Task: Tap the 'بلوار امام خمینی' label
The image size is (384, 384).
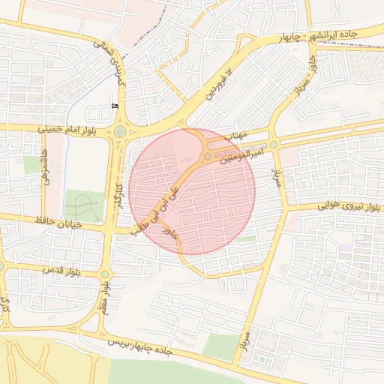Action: point(68,129)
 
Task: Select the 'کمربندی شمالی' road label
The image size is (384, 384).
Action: point(110,57)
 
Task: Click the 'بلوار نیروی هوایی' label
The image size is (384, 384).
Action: point(331,204)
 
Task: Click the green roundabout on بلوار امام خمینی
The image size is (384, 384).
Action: point(120,133)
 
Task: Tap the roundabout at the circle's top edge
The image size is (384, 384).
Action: point(207,156)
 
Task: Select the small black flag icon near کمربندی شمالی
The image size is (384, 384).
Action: point(115,106)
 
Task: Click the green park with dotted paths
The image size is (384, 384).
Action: point(83,204)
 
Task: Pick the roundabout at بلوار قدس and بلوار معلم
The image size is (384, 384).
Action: point(105,274)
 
